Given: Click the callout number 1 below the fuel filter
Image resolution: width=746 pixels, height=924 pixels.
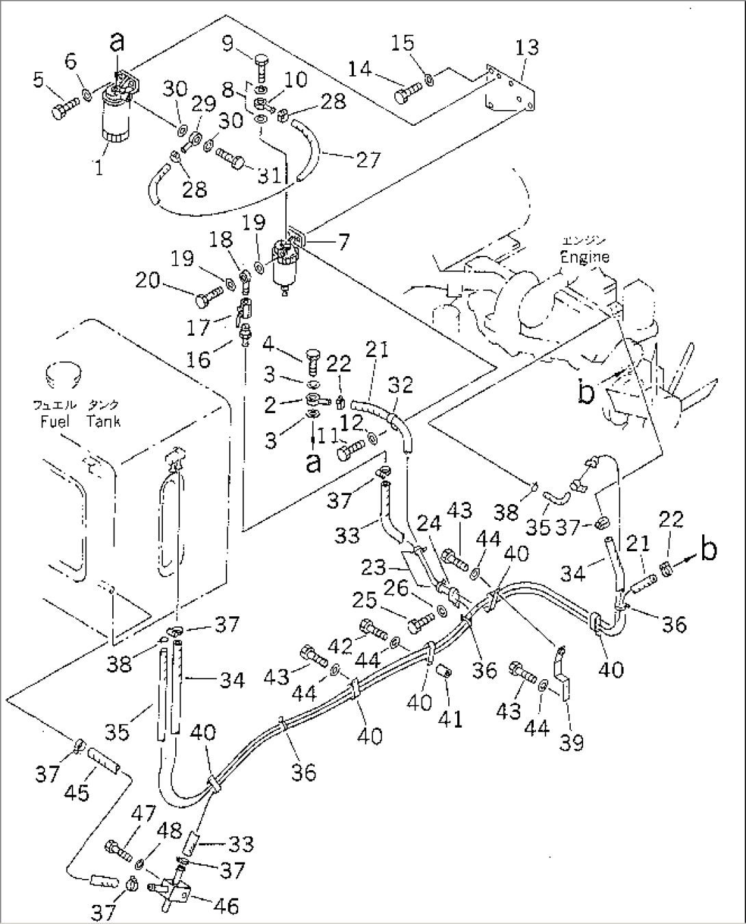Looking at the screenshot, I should tap(100, 167).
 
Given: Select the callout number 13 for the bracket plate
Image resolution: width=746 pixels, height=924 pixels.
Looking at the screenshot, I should tap(528, 47).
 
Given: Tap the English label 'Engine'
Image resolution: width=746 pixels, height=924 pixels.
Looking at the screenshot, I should tap(584, 257).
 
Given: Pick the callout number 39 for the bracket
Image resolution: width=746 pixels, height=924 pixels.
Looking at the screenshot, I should tap(571, 742).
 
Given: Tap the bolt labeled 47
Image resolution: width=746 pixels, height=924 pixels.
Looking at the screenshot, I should tap(118, 850).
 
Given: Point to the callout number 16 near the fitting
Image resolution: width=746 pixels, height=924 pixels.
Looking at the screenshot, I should tap(199, 359).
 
